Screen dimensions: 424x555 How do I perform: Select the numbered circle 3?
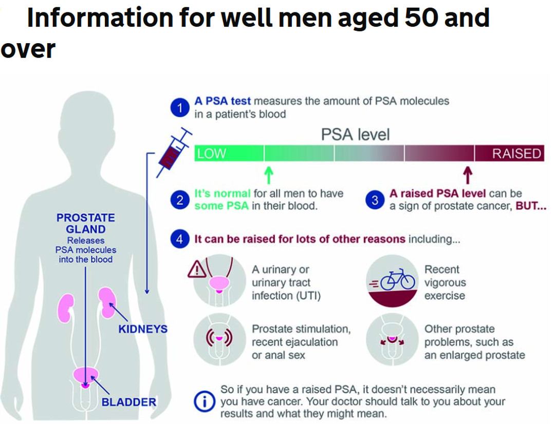375,200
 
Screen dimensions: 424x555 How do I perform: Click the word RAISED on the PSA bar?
516,153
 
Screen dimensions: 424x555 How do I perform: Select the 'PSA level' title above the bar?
355,134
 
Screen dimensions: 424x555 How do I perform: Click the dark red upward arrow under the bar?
468,175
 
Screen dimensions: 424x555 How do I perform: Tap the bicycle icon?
396,281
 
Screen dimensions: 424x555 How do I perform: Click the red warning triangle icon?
197,268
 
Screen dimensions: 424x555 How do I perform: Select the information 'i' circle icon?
204,401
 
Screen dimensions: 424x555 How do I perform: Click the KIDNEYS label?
143,329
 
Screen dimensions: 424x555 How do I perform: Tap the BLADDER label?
128,401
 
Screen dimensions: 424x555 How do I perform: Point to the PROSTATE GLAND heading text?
86,223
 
